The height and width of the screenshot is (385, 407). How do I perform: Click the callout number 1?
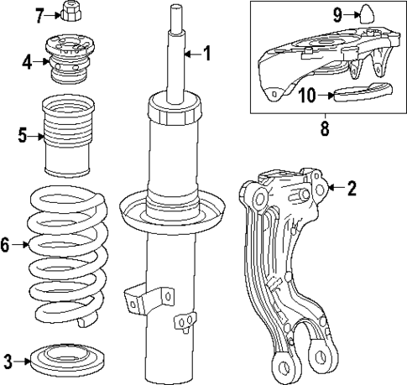click(x=206, y=55)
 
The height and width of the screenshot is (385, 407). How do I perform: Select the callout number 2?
click(x=352, y=189)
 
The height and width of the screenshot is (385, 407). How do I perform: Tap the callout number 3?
click(x=8, y=362)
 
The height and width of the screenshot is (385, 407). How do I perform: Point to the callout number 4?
click(x=28, y=61)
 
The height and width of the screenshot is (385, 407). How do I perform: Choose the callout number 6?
click(x=7, y=245)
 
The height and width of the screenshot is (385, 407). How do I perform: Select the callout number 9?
click(x=337, y=14)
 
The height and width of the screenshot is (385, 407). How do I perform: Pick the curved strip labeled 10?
click(x=361, y=92)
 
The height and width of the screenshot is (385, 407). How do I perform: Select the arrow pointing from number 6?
click(x=22, y=245)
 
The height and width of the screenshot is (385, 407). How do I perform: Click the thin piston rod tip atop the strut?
click(x=177, y=17)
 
